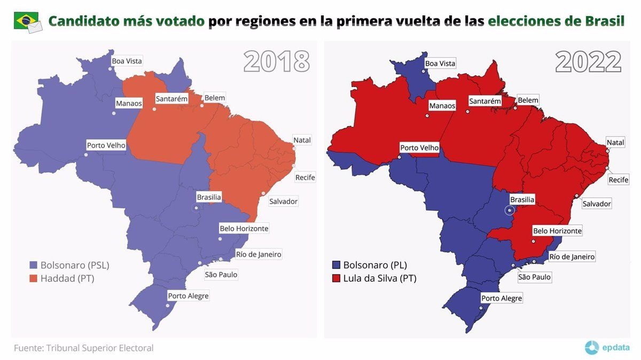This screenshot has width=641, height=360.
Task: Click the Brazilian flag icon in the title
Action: (x=26, y=21)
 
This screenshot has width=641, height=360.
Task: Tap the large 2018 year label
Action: (x=276, y=62)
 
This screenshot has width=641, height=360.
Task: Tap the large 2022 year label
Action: (x=588, y=62)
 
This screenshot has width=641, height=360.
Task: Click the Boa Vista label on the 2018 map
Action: (x=127, y=61)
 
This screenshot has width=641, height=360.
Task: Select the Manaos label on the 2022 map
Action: (x=442, y=106)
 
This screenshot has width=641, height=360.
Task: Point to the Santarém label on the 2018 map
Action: (x=171, y=99)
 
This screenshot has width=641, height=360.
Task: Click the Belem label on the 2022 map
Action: (x=528, y=100)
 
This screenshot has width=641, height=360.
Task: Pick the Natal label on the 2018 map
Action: (x=302, y=140)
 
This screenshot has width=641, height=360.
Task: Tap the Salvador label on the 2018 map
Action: (x=283, y=201)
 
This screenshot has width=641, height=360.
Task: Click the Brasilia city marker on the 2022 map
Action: (x=509, y=210)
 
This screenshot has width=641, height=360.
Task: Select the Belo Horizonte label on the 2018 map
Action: (x=244, y=229)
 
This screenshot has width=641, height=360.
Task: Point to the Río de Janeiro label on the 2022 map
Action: (x=572, y=257)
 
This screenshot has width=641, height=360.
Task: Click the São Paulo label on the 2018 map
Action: (x=221, y=275)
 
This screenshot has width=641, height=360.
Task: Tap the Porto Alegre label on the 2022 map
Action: (x=502, y=299)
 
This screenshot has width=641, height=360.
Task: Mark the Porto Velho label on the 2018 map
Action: (x=106, y=145)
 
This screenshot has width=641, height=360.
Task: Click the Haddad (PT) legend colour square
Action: (x=33, y=278)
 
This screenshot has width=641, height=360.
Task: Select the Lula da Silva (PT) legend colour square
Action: (x=336, y=278)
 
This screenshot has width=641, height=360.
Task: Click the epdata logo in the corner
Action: (x=608, y=348)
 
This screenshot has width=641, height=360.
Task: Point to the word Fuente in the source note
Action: (x=28, y=348)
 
